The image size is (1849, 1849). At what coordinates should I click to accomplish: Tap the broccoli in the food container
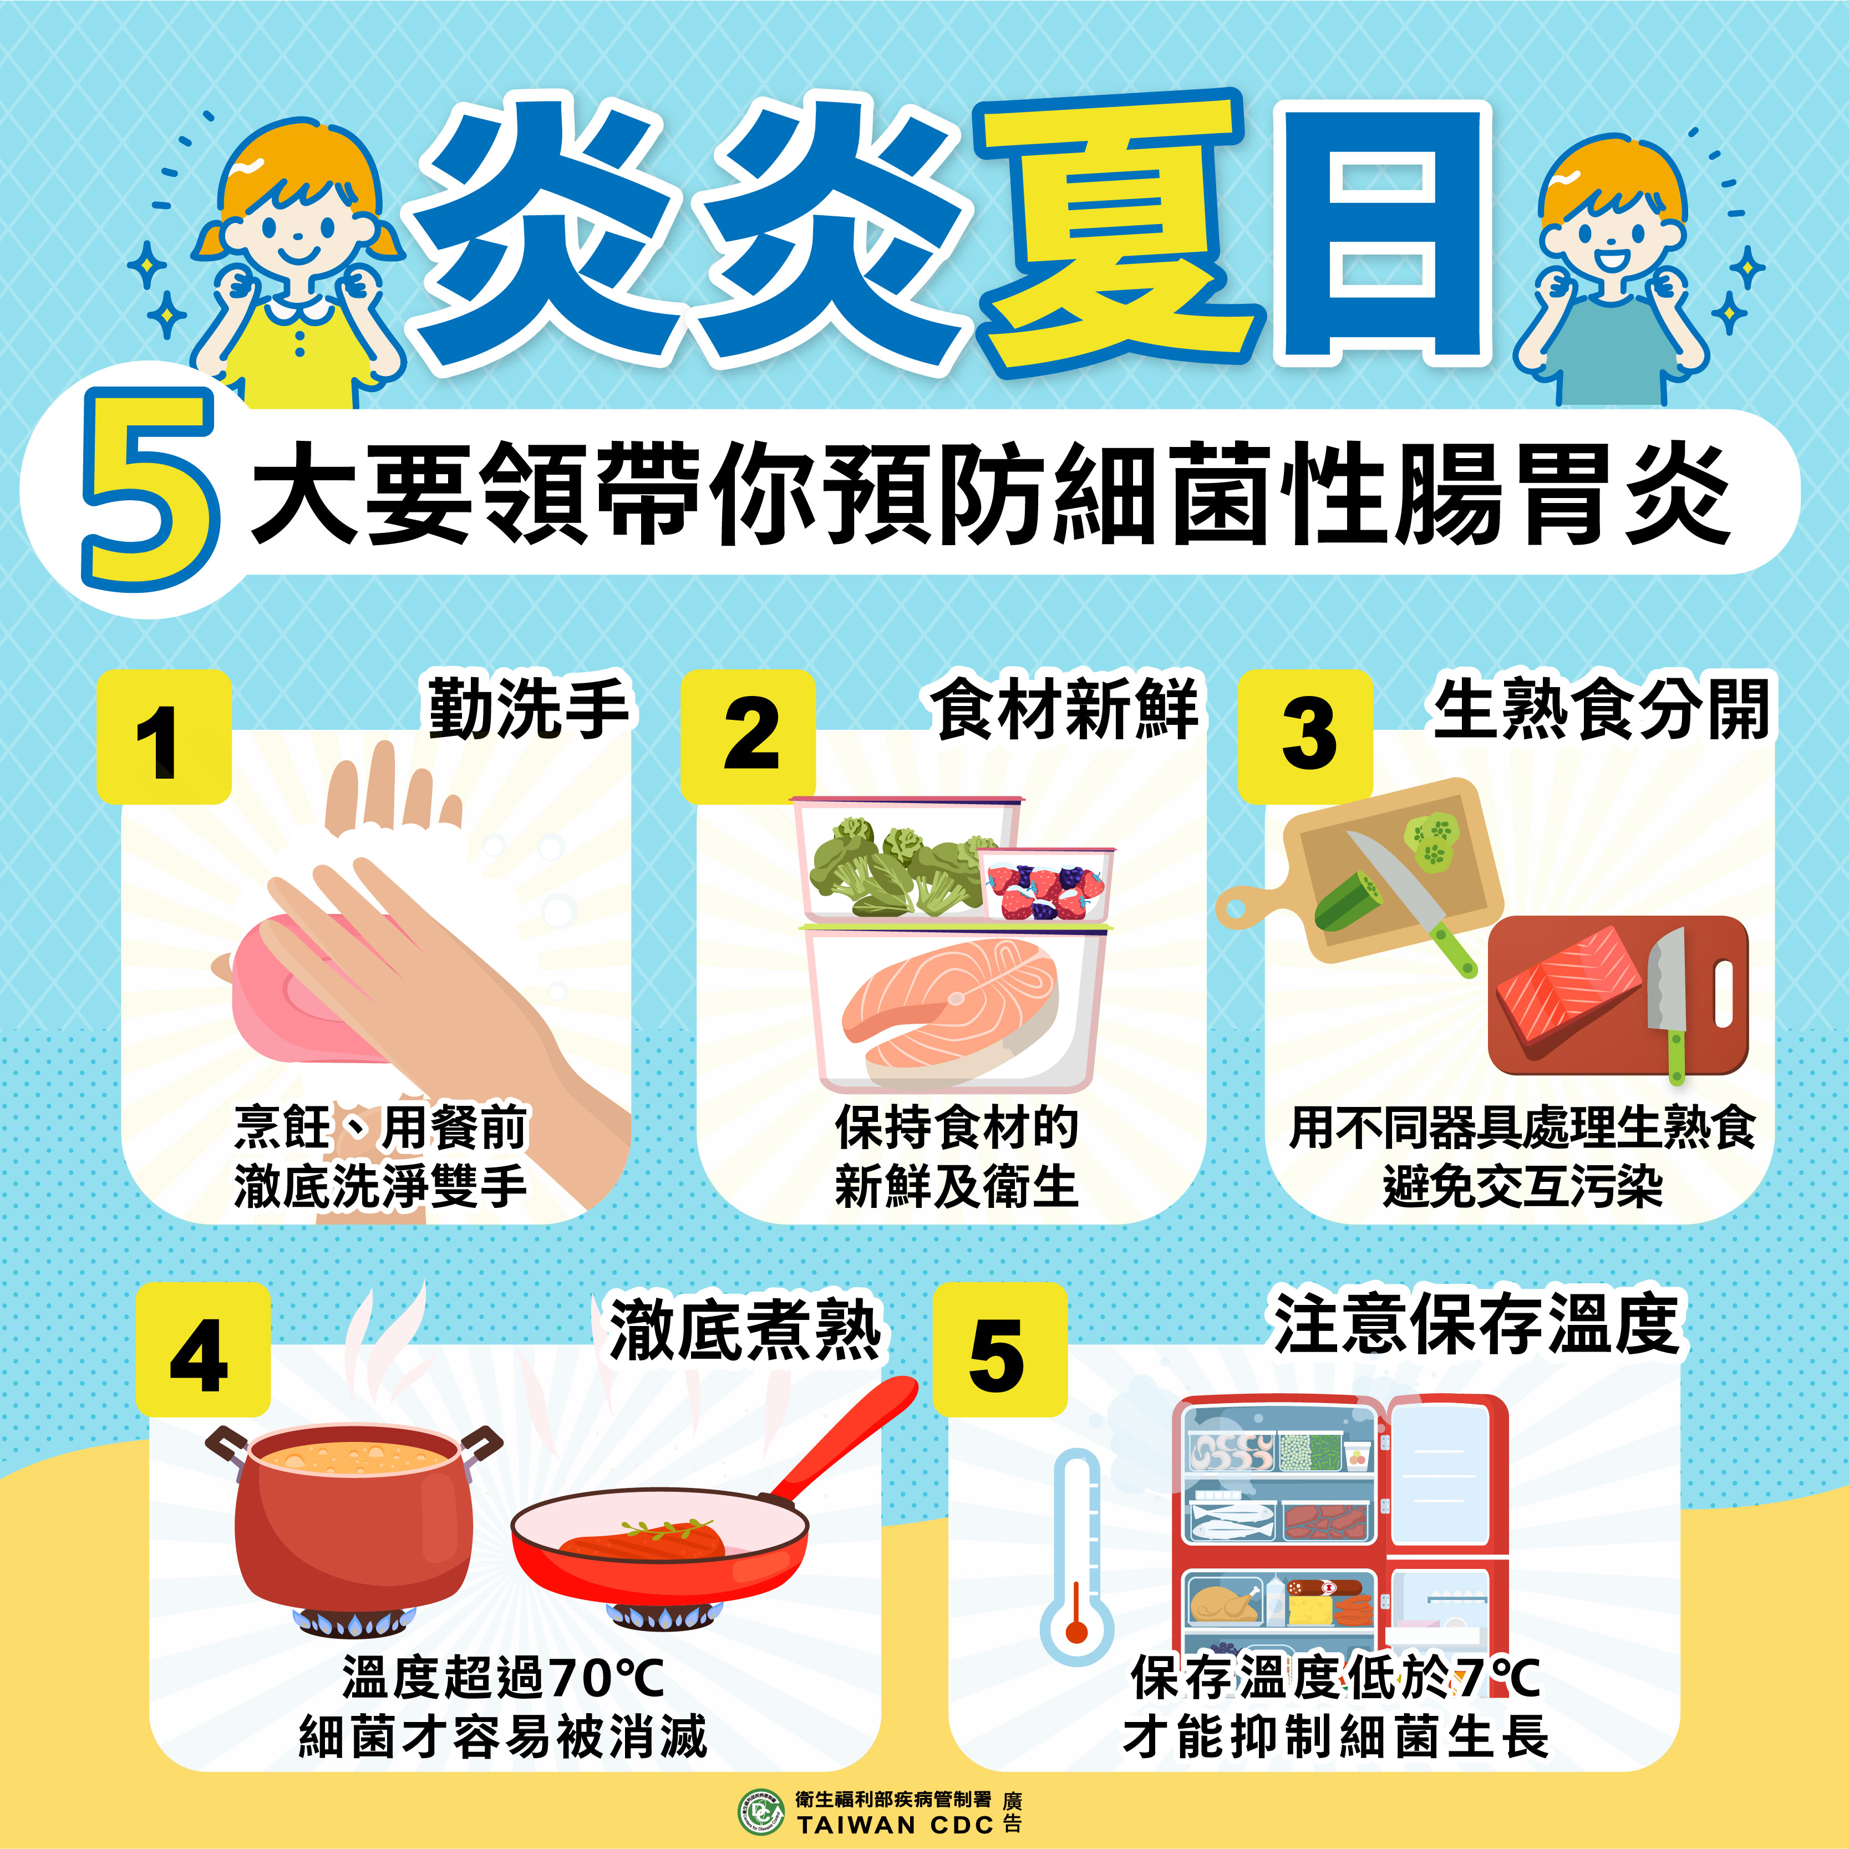(x=895, y=866)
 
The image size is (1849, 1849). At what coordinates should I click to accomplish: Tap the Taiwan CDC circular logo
(x=761, y=1812)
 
